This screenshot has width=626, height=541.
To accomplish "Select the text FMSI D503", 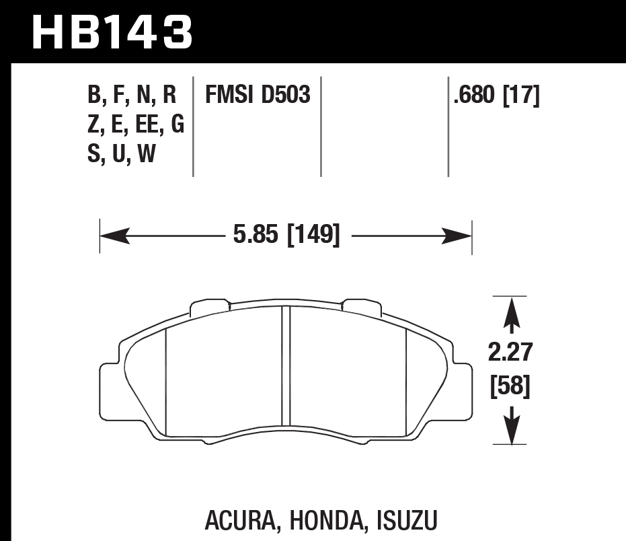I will click(258, 96).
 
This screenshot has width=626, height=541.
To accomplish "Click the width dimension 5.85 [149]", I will click(286, 236).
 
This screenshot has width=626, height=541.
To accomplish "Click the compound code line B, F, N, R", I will click(132, 96).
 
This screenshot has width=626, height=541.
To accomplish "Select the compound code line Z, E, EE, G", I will click(136, 124).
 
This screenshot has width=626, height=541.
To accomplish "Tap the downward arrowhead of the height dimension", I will click(514, 428).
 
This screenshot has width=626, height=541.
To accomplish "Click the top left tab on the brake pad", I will click(210, 308).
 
